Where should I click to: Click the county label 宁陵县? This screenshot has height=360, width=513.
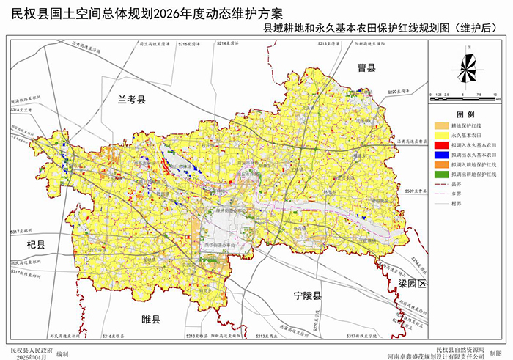[x=308, y=296]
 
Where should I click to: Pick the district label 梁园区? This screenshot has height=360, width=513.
[x=413, y=283]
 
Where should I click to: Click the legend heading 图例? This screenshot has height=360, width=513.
[x=465, y=116]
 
